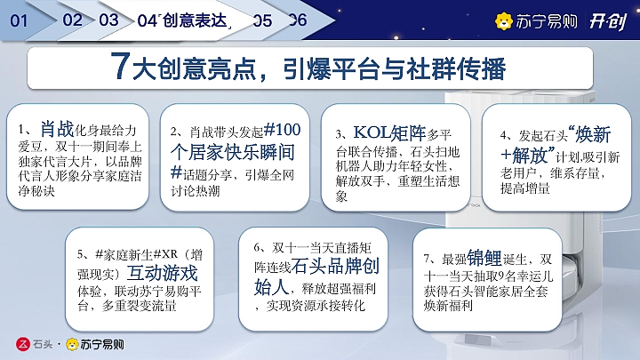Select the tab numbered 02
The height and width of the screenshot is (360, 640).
point(74,20)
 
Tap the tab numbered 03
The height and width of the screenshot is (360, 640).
point(109,20)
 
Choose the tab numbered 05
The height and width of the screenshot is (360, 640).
point(262,20)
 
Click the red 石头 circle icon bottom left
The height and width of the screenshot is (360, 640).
point(24,342)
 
